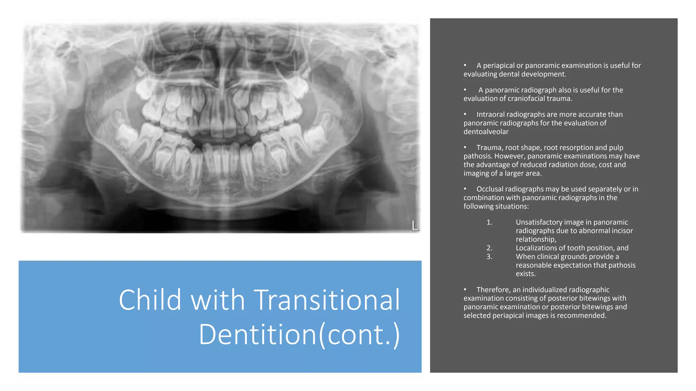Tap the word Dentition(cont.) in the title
[x=299, y=335]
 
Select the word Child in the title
[x=150, y=300]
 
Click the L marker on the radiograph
[x=415, y=225]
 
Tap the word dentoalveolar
[x=486, y=132]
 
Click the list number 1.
[x=489, y=222]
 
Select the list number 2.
[x=489, y=248]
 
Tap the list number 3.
[x=489, y=257]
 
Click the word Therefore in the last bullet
[x=493, y=290]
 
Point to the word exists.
[x=525, y=274]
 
